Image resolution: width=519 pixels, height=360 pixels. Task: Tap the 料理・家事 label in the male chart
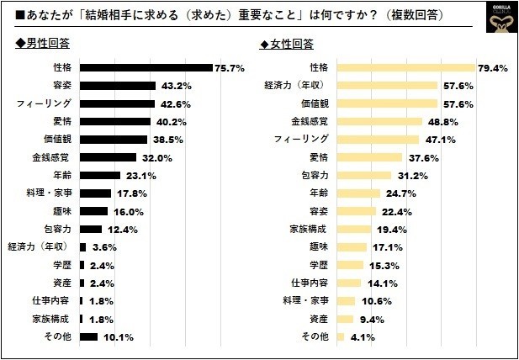[52, 193]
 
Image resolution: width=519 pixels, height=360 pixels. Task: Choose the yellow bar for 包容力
[364, 175]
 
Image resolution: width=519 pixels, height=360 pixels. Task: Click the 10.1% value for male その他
[119, 336]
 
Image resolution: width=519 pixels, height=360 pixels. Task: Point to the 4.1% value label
[362, 336]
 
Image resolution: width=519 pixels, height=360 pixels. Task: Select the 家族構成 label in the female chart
[309, 229]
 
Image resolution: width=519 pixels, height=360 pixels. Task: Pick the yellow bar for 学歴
[351, 265]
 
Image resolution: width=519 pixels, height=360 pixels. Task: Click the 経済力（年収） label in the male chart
[40, 246]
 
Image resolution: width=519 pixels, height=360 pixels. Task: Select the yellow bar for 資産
[346, 319]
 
